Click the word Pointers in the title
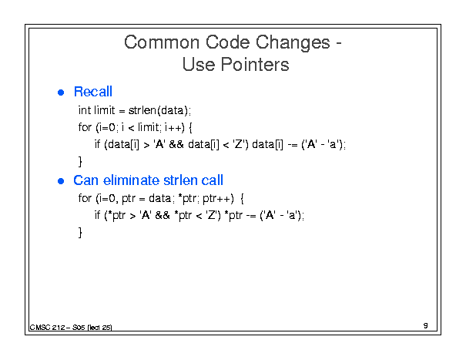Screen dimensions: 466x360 [x=255, y=65]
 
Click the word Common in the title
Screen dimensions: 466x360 [x=162, y=42]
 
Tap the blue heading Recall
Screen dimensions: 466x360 [x=93, y=92]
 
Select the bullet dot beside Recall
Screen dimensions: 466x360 [x=61, y=93]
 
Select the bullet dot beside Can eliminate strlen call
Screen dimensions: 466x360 [x=61, y=181]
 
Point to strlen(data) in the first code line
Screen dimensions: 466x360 [x=159, y=110]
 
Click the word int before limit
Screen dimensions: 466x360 [x=85, y=110]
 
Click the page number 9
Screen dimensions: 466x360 [x=426, y=325]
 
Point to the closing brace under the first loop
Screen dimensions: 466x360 [x=80, y=161]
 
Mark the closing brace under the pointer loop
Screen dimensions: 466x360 [x=80, y=232]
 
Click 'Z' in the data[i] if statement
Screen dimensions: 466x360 [x=238, y=144]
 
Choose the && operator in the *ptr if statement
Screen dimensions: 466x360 [x=163, y=215]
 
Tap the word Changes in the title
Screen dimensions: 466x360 [x=293, y=42]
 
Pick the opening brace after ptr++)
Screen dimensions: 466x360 [x=242, y=198]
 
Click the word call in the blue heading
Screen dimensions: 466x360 [x=212, y=180]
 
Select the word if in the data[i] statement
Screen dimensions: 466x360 [x=97, y=144]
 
